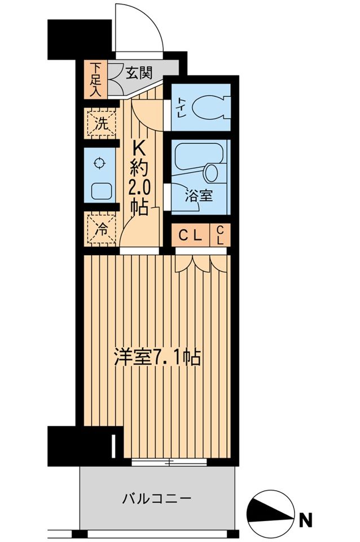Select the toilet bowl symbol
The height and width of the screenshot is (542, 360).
[x=209, y=107]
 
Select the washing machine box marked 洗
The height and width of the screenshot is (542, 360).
[x=100, y=124]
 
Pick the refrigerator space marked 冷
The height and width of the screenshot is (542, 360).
[x=100, y=230]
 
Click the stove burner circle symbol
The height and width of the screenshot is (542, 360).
[x=100, y=164]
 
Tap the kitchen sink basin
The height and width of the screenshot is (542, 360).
[x=100, y=191]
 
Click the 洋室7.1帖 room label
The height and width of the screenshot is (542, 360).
[x=157, y=358]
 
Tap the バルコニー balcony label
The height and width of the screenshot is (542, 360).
[x=157, y=499]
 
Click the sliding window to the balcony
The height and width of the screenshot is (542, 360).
[x=169, y=462]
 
